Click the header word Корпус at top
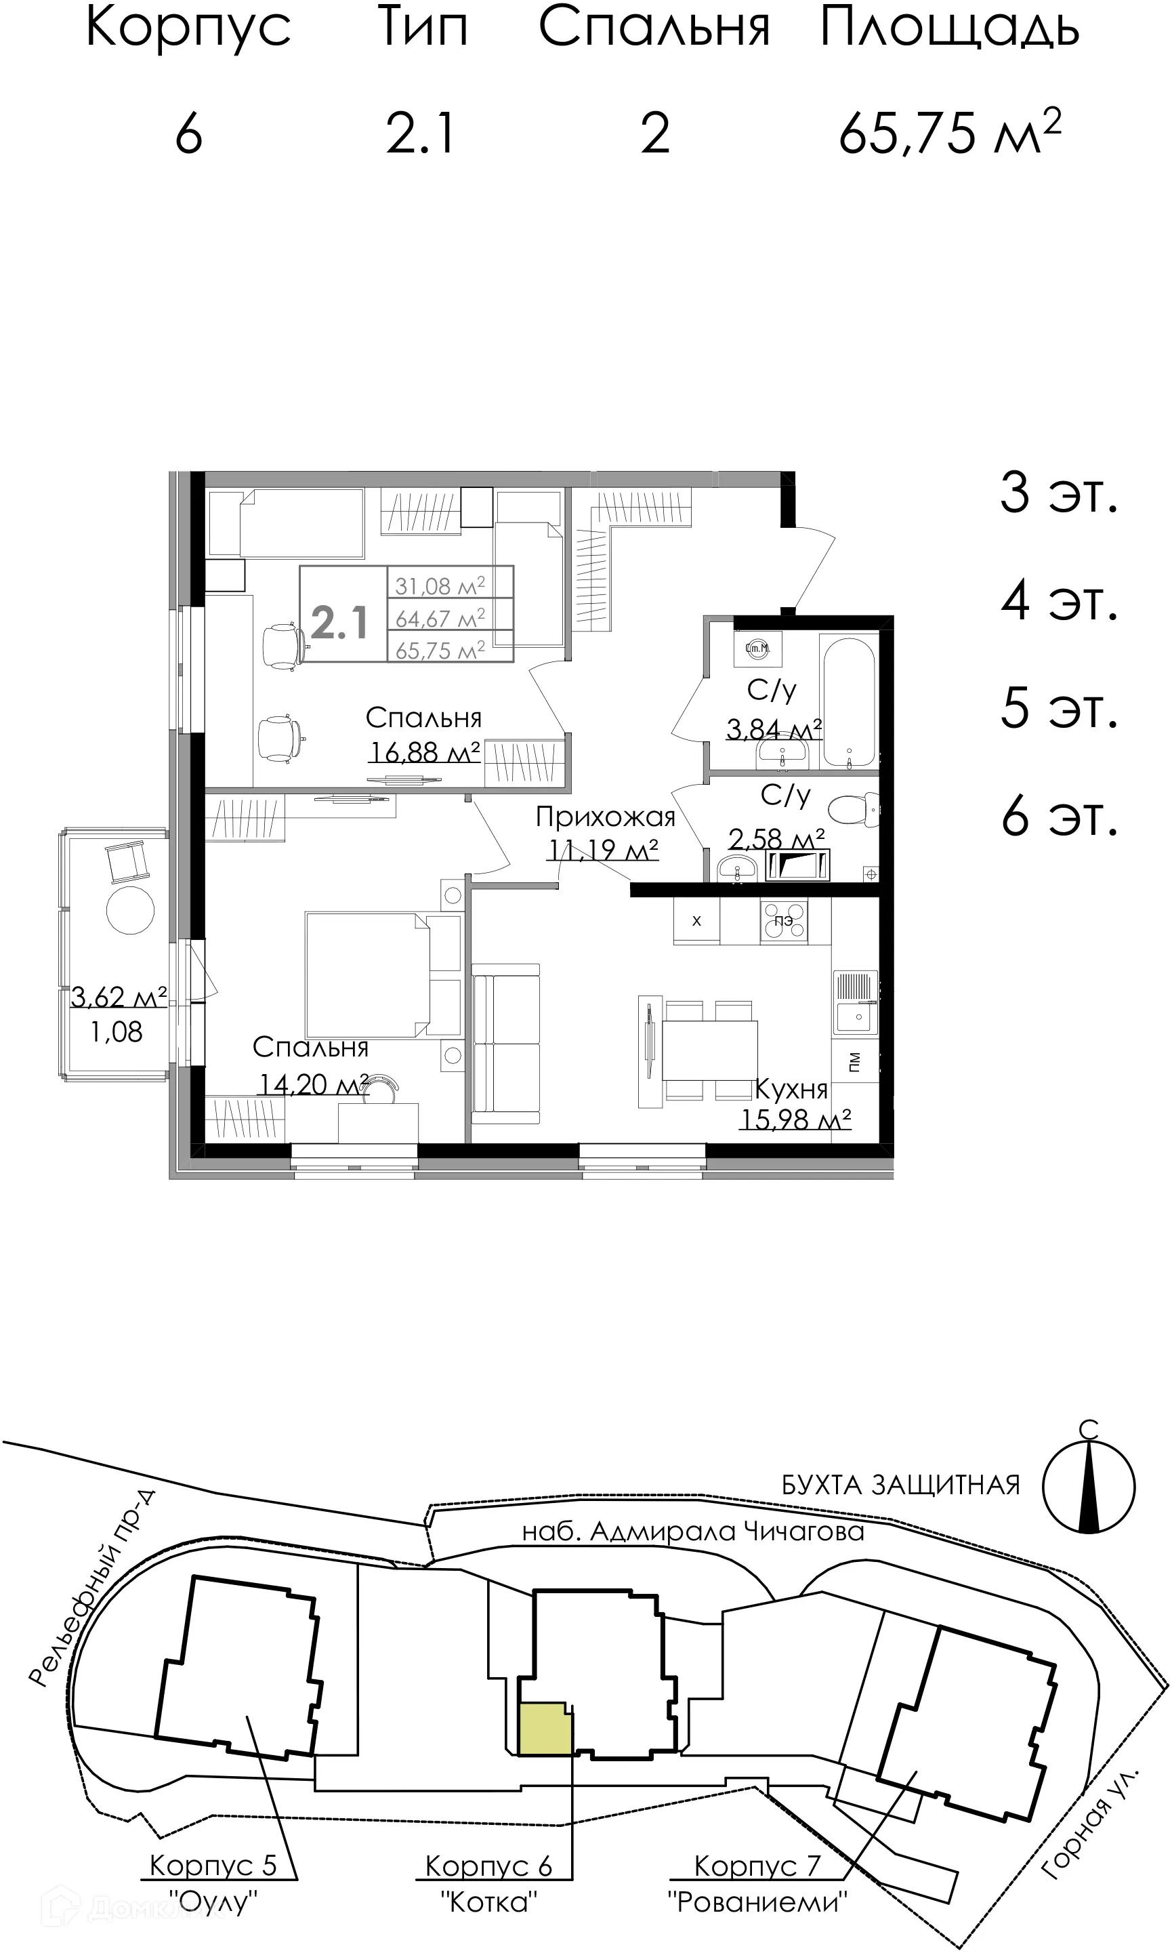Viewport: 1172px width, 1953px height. coord(188,28)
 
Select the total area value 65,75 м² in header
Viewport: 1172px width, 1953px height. coord(949,133)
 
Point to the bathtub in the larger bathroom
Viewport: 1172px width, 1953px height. coord(848,700)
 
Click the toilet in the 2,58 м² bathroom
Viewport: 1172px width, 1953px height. coord(853,810)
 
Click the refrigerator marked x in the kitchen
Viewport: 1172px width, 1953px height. coord(696,921)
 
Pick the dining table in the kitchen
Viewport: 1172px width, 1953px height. coord(709,1050)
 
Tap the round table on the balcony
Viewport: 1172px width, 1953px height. coord(130,910)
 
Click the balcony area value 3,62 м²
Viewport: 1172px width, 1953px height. coord(119,997)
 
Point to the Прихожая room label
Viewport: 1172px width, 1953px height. coord(605,817)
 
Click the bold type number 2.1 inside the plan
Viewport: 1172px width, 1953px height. coord(339,623)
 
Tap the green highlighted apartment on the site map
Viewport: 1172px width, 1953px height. coord(545,1729)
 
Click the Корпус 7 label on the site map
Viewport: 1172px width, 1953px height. coord(757,1866)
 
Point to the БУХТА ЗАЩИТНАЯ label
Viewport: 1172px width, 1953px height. coord(900,1485)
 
